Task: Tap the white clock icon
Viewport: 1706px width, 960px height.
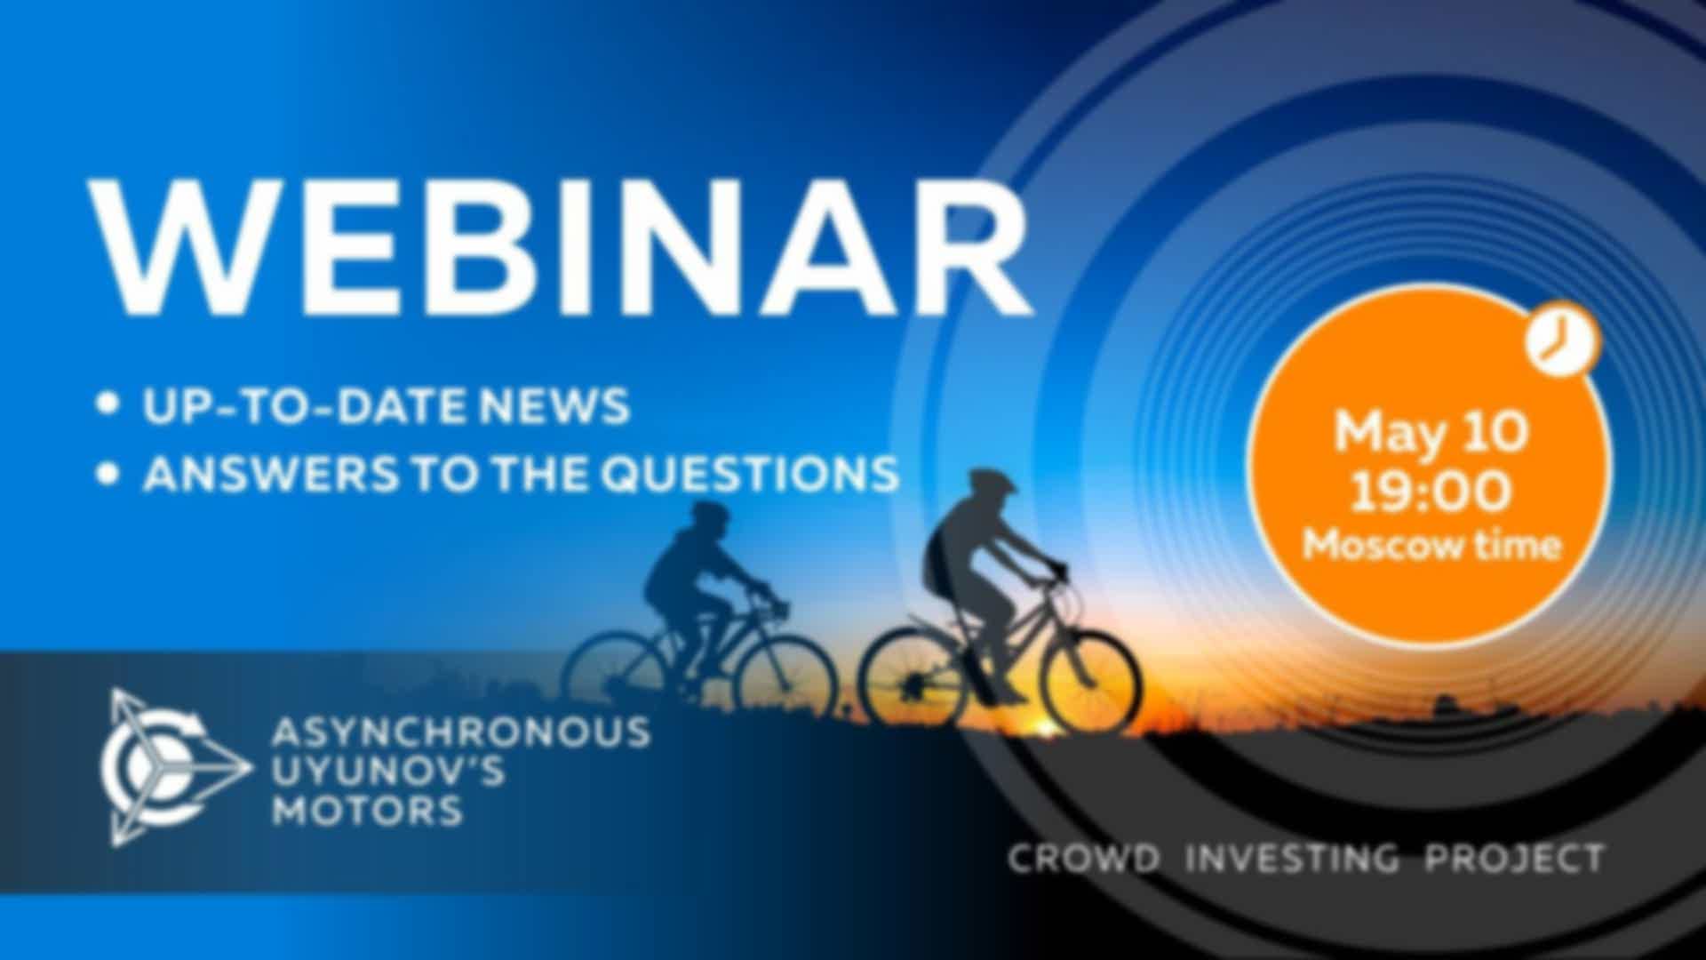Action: tap(1562, 340)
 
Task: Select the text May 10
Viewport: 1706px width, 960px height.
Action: tap(1431, 432)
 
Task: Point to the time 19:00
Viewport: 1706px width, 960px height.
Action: tap(1431, 491)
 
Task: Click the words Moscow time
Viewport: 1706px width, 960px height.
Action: tap(1431, 544)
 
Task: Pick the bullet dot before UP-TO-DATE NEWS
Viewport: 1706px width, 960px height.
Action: tap(108, 405)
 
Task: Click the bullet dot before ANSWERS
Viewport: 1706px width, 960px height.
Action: tap(108, 473)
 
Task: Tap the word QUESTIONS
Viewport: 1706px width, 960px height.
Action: tap(749, 474)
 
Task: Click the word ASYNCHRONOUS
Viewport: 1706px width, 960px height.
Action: tap(460, 732)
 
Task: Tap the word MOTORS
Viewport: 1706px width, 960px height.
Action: tap(367, 810)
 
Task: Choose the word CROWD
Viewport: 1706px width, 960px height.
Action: tap(1084, 859)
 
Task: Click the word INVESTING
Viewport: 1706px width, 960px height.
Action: tap(1293, 859)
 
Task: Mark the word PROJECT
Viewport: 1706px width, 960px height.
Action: tap(1515, 859)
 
